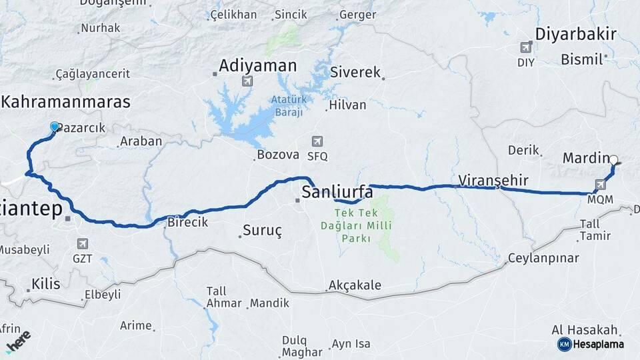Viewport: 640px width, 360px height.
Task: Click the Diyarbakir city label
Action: [x=577, y=35]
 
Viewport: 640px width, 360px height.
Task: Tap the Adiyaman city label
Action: [x=257, y=65]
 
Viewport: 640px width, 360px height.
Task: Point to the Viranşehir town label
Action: [x=493, y=180]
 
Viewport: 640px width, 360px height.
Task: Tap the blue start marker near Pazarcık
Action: [x=55, y=126]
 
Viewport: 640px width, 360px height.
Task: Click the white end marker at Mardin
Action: [x=614, y=159]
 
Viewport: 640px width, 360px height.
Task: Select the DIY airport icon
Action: [x=526, y=48]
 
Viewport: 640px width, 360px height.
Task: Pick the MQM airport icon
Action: [x=600, y=185]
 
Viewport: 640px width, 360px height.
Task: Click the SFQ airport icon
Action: [x=317, y=141]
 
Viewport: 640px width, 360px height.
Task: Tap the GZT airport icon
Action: [x=83, y=244]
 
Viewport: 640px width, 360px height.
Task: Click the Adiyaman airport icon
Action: [x=247, y=81]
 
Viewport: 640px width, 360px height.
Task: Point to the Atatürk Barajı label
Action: [x=287, y=106]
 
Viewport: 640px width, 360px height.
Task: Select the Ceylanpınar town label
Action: [x=542, y=258]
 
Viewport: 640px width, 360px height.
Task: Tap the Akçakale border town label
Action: [x=355, y=285]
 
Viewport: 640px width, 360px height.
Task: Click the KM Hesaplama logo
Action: [x=591, y=344]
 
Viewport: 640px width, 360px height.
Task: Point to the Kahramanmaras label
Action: [x=66, y=102]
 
